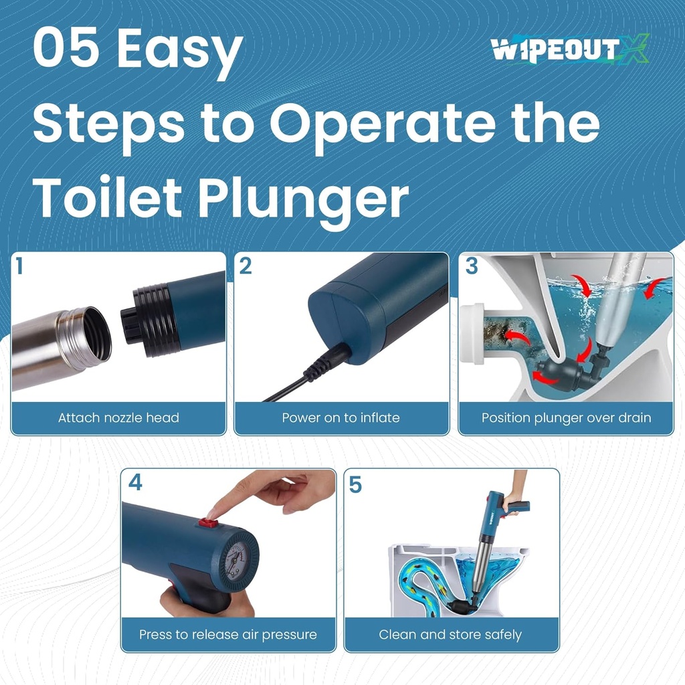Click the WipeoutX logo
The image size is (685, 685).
(x=569, y=50)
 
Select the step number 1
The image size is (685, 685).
(x=19, y=267)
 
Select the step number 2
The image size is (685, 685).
(x=246, y=266)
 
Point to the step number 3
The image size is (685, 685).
(x=472, y=266)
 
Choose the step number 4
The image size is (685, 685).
(x=135, y=482)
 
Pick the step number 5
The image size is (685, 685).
(x=355, y=484)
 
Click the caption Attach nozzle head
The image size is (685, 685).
(x=118, y=418)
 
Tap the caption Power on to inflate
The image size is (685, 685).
(x=340, y=418)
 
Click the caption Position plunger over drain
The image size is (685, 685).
(x=566, y=418)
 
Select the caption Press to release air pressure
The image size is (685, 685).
(x=228, y=634)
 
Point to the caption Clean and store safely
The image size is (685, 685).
(x=450, y=634)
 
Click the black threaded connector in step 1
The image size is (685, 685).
(x=151, y=320)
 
